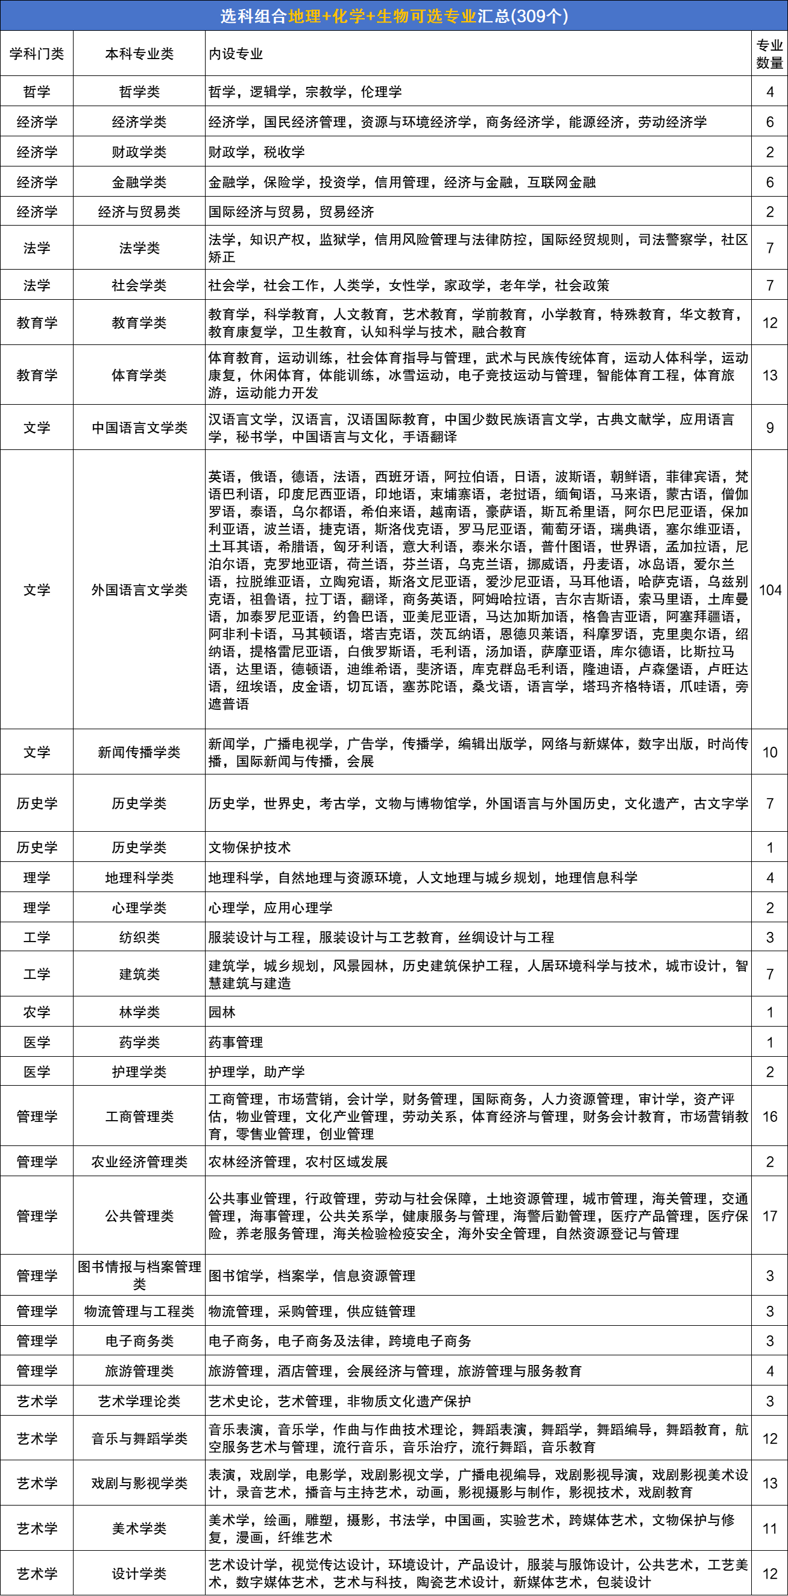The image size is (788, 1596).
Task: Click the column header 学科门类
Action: [37, 54]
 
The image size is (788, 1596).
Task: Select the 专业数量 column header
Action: [769, 54]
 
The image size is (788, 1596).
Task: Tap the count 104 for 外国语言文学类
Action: [769, 590]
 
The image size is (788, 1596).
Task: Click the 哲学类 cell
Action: [139, 92]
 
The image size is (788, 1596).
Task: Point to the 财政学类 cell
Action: [139, 152]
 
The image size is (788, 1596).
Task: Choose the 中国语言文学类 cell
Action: [139, 428]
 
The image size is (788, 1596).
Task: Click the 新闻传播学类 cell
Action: [139, 752]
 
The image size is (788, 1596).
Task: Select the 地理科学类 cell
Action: [139, 877]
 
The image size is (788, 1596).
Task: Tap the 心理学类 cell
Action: [139, 908]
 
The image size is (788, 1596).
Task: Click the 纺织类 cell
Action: [139, 937]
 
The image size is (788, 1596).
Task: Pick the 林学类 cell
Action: [139, 1012]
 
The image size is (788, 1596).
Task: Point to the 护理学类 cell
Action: [139, 1072]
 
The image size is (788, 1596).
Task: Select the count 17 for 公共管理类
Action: [769, 1215]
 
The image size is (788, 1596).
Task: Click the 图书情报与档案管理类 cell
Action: [139, 1275]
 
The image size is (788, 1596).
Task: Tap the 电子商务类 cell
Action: [139, 1341]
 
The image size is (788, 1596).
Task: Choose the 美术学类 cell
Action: [139, 1528]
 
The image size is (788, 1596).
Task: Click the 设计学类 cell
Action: [139, 1574]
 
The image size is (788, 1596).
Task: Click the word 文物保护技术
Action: [250, 847]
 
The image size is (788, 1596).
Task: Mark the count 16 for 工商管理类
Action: [769, 1116]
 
